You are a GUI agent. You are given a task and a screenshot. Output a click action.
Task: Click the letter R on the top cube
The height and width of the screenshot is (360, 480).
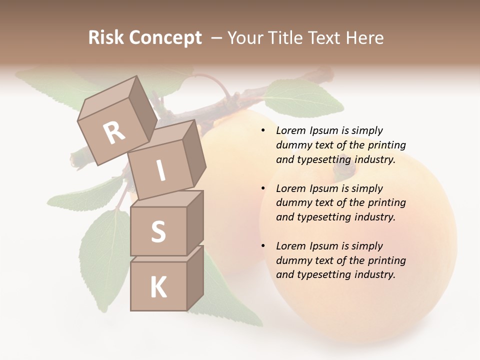(114, 133)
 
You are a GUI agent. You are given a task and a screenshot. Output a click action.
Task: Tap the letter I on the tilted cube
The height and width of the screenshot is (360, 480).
(161, 170)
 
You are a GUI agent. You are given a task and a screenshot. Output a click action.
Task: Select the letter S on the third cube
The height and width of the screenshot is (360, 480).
(158, 231)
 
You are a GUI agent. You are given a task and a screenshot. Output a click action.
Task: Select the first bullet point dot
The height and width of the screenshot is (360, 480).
(263, 131)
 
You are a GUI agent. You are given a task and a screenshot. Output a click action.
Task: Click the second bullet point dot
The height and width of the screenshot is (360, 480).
(263, 188)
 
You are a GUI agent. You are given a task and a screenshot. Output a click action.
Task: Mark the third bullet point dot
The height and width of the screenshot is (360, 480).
(263, 246)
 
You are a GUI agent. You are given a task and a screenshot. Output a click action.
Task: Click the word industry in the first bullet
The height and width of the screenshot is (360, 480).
(374, 160)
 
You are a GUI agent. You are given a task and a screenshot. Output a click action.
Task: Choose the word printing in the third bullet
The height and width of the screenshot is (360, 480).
(386, 260)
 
